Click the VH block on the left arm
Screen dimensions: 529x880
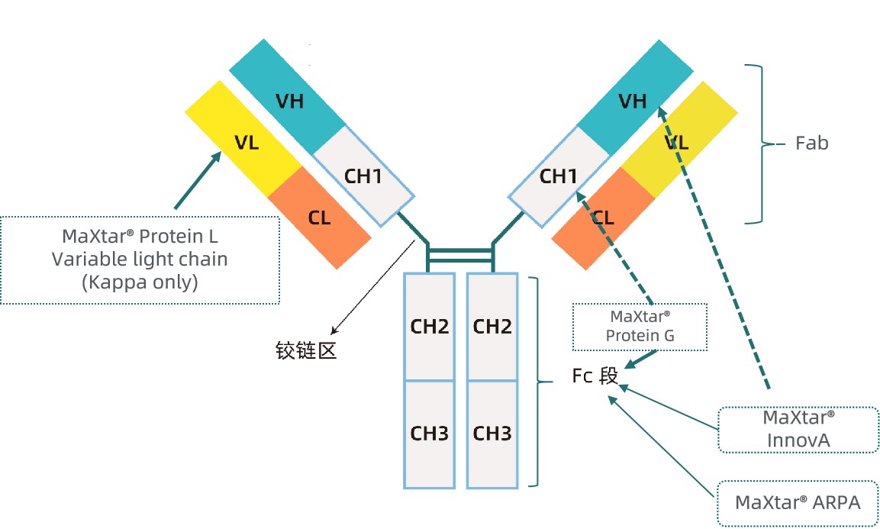[x=290, y=101]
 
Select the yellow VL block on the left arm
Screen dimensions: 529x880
[x=246, y=142]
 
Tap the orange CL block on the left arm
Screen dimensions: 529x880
[x=320, y=218]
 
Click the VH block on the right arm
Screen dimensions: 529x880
[x=633, y=101]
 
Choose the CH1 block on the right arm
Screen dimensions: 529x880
[x=558, y=176]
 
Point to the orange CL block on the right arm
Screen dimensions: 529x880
[x=602, y=219]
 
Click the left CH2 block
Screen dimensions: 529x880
[x=430, y=327]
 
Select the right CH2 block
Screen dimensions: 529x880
[x=492, y=327]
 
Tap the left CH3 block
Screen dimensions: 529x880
[x=430, y=434]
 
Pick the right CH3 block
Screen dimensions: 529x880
[x=492, y=434]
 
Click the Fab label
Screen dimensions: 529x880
[x=811, y=143]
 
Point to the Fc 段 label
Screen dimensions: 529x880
[x=595, y=376]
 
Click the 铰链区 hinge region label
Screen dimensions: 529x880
[x=306, y=350]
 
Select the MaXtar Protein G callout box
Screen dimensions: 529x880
[x=640, y=326]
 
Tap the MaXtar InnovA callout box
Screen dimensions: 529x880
[x=798, y=429]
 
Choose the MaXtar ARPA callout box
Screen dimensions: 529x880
[x=798, y=502]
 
